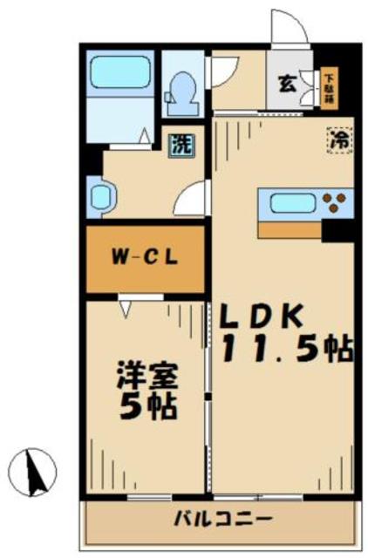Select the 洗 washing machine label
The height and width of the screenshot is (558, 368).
(180, 143)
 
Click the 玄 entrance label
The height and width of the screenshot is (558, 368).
(285, 84)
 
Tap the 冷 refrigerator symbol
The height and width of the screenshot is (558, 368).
(340, 138)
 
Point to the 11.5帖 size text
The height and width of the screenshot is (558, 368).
(287, 350)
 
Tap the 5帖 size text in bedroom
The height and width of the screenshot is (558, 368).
(148, 407)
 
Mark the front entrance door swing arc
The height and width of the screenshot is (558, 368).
(290, 28)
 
